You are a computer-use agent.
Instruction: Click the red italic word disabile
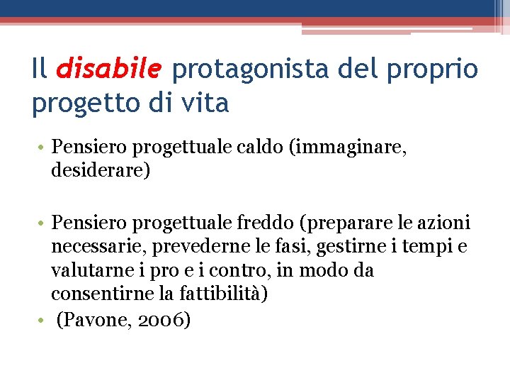[x=110, y=70]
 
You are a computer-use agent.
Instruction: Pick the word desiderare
[x=98, y=172]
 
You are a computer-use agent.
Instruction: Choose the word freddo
[x=259, y=223]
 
